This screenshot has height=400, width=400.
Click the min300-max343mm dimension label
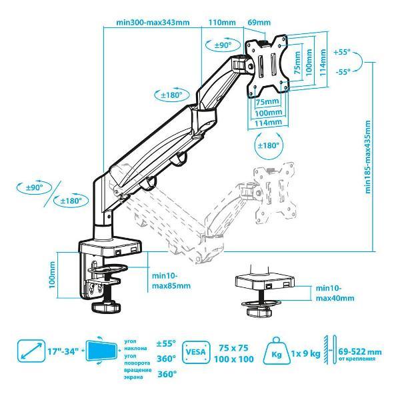[153, 23]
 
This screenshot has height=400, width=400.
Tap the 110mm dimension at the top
[222, 22]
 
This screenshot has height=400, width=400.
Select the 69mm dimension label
[259, 22]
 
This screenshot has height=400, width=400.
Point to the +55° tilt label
[342, 52]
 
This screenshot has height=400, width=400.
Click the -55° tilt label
[343, 72]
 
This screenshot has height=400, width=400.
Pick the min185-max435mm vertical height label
[368, 157]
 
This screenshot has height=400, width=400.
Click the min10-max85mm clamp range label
[171, 281]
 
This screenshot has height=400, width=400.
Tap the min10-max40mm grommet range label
[335, 293]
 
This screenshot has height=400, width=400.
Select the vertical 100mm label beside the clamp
[52, 275]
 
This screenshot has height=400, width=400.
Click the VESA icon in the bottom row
[195, 352]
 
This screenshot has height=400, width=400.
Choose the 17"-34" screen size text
[63, 351]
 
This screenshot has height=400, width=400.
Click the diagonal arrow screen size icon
[31, 351]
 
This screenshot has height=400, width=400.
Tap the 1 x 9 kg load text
[305, 353]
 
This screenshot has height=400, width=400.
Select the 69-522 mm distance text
[360, 352]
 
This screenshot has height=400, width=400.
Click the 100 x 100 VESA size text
[234, 359]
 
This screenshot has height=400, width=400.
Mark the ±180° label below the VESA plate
[269, 145]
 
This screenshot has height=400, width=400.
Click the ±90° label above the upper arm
[223, 45]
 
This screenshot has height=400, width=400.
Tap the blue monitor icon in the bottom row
[102, 351]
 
